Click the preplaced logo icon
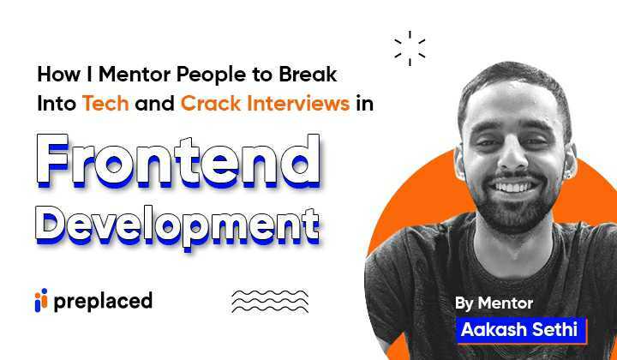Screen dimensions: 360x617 [x=39, y=301]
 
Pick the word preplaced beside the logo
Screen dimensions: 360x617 [x=103, y=301]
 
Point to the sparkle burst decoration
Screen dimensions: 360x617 [x=410, y=48]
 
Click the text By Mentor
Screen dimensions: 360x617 [x=494, y=303]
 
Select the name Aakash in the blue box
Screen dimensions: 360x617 [x=488, y=329]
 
